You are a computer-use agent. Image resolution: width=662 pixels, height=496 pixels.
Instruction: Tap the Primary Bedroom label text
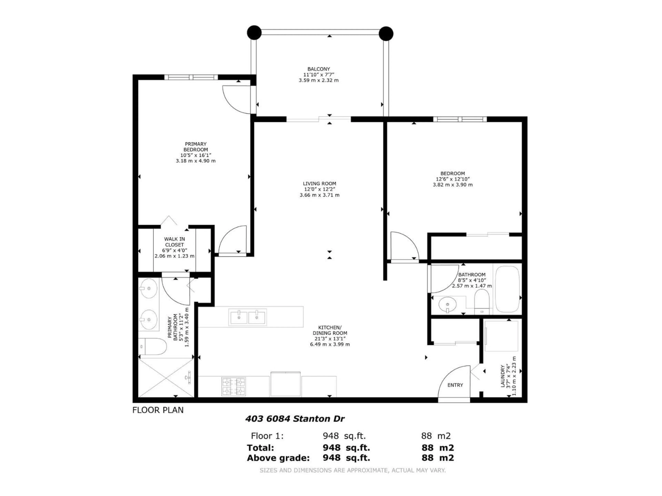[x=195, y=147]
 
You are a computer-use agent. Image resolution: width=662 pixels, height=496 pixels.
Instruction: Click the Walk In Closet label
[x=174, y=242]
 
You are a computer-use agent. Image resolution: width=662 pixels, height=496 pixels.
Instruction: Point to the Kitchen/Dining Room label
[x=330, y=330]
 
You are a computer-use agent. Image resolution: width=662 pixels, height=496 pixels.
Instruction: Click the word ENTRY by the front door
[x=455, y=385]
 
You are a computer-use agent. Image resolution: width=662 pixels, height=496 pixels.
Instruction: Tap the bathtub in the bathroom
[x=507, y=289]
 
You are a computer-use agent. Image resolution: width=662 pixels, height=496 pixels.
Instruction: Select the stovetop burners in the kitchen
[x=233, y=386]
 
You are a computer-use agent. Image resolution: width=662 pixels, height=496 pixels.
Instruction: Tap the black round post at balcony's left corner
[x=254, y=32]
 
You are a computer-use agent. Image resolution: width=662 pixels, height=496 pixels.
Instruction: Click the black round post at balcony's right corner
[x=386, y=33]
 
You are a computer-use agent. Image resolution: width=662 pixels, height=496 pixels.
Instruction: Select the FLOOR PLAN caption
[x=158, y=410]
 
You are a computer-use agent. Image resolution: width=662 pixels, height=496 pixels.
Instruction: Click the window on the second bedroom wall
[x=460, y=119]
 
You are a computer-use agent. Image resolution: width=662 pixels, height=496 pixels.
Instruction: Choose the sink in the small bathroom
[x=447, y=305]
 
